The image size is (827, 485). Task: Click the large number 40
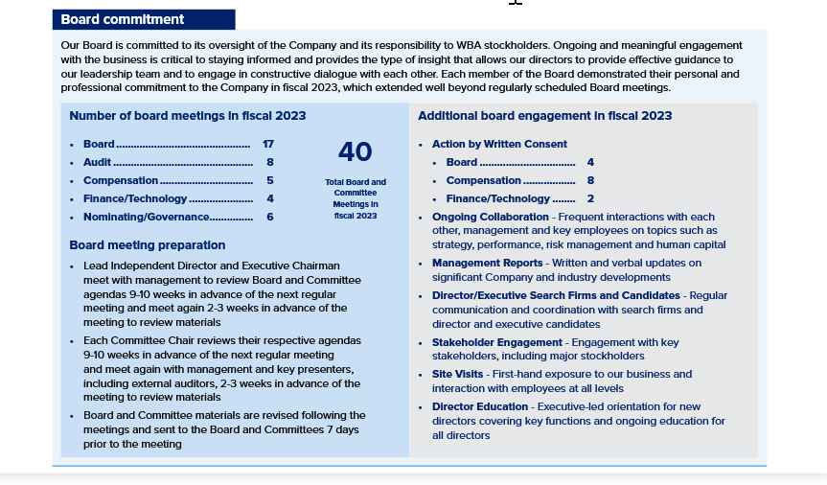click(x=355, y=152)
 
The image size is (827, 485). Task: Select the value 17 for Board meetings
click(x=268, y=144)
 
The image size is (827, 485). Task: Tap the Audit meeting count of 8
click(x=270, y=162)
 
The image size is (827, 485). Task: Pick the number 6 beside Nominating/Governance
click(x=270, y=217)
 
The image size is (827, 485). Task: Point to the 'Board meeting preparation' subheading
click(x=148, y=245)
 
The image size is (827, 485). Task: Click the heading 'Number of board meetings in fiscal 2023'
click(x=188, y=116)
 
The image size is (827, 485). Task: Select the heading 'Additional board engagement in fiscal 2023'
click(x=544, y=116)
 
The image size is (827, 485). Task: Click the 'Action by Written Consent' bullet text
click(x=499, y=144)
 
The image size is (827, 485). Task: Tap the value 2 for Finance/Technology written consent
click(x=590, y=198)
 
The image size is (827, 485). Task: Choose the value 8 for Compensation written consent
click(x=590, y=180)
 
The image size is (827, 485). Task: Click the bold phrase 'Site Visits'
click(x=459, y=374)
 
